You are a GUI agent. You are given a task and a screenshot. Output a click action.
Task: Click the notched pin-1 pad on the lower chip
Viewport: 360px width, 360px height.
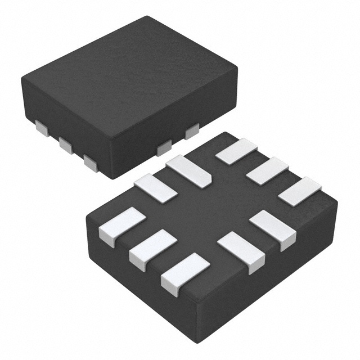tap(188, 171)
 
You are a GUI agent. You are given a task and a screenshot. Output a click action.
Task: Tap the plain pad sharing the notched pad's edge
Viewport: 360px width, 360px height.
tap(155, 188)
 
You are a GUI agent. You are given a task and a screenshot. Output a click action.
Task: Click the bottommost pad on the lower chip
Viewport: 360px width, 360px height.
tap(184, 273)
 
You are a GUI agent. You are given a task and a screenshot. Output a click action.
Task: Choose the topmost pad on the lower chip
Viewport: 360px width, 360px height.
tap(236, 151)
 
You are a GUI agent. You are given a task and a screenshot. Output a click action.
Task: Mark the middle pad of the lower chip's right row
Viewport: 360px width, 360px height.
tap(267, 170)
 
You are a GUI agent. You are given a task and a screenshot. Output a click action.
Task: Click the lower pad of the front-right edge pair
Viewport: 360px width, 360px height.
tap(241, 251)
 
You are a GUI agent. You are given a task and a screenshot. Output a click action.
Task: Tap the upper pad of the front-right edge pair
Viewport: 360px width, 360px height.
tap(273, 228)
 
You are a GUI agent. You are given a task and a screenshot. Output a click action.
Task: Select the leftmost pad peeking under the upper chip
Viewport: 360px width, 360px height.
tap(42, 128)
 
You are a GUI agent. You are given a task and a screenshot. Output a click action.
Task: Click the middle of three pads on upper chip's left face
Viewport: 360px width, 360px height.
tap(66, 146)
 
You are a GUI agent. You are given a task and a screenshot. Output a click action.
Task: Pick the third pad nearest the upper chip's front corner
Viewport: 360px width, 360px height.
tap(90, 163)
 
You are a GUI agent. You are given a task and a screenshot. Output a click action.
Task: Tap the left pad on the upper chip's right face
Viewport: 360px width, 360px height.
tap(164, 148)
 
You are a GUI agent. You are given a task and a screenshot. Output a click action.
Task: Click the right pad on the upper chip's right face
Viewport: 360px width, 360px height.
tap(192, 131)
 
